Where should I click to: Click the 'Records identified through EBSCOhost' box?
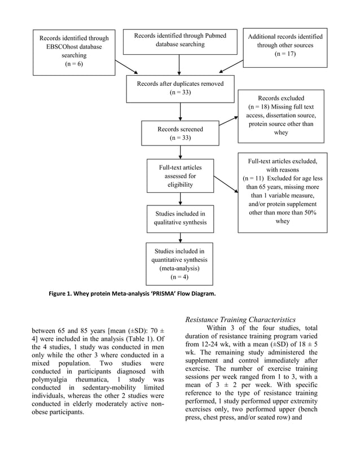(74, 52)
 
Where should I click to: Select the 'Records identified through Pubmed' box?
(179, 41)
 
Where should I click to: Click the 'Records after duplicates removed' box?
(179, 89)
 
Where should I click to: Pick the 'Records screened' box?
(179, 134)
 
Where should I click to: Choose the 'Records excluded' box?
(280, 115)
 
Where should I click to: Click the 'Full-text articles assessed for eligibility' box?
(179, 176)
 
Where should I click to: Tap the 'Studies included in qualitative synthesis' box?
(179, 218)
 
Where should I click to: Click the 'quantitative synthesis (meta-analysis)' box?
(179, 263)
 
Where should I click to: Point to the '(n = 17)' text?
(284, 55)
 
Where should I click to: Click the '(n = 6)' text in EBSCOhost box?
(74, 65)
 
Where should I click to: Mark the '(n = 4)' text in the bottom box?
(179, 278)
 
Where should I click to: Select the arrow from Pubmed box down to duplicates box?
(179, 65)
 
